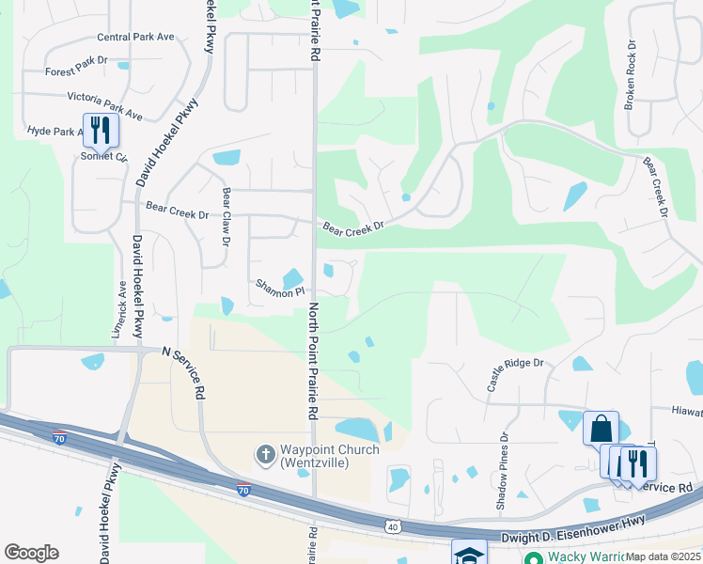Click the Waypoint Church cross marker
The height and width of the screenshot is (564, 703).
pos(266,456)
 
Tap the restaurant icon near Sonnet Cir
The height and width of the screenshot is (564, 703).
pos(101,130)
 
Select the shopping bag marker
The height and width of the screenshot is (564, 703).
pos(601,429)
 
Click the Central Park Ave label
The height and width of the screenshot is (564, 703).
pos(136,38)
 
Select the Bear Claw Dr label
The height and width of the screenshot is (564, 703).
pos(226,216)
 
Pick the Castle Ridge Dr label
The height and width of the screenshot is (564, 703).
pos(515,373)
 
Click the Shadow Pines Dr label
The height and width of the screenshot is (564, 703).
pos(504,473)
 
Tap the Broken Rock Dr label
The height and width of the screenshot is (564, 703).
pos(631,74)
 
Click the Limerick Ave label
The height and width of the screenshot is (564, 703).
pos(121,310)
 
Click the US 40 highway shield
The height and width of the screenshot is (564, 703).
pos(392,527)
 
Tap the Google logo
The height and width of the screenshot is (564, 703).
pos(31,553)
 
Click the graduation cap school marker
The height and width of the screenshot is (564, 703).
pos(468,554)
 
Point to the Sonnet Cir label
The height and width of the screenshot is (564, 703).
pos(103,156)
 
